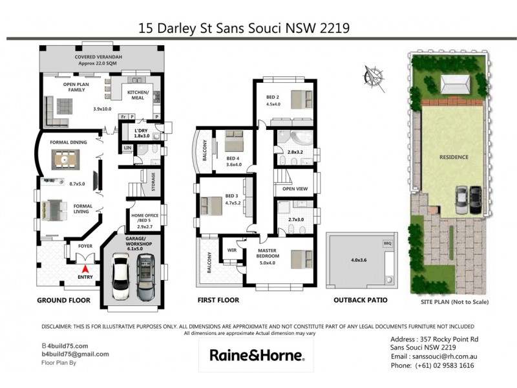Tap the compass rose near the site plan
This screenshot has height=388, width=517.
[372, 74]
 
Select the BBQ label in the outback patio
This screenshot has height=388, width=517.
[388, 243]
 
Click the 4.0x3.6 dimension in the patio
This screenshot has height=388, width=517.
[358, 261]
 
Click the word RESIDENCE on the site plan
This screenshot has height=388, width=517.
[454, 156]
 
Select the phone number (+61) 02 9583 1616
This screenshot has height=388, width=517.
[432, 366]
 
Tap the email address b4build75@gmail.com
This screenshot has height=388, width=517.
[75, 354]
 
